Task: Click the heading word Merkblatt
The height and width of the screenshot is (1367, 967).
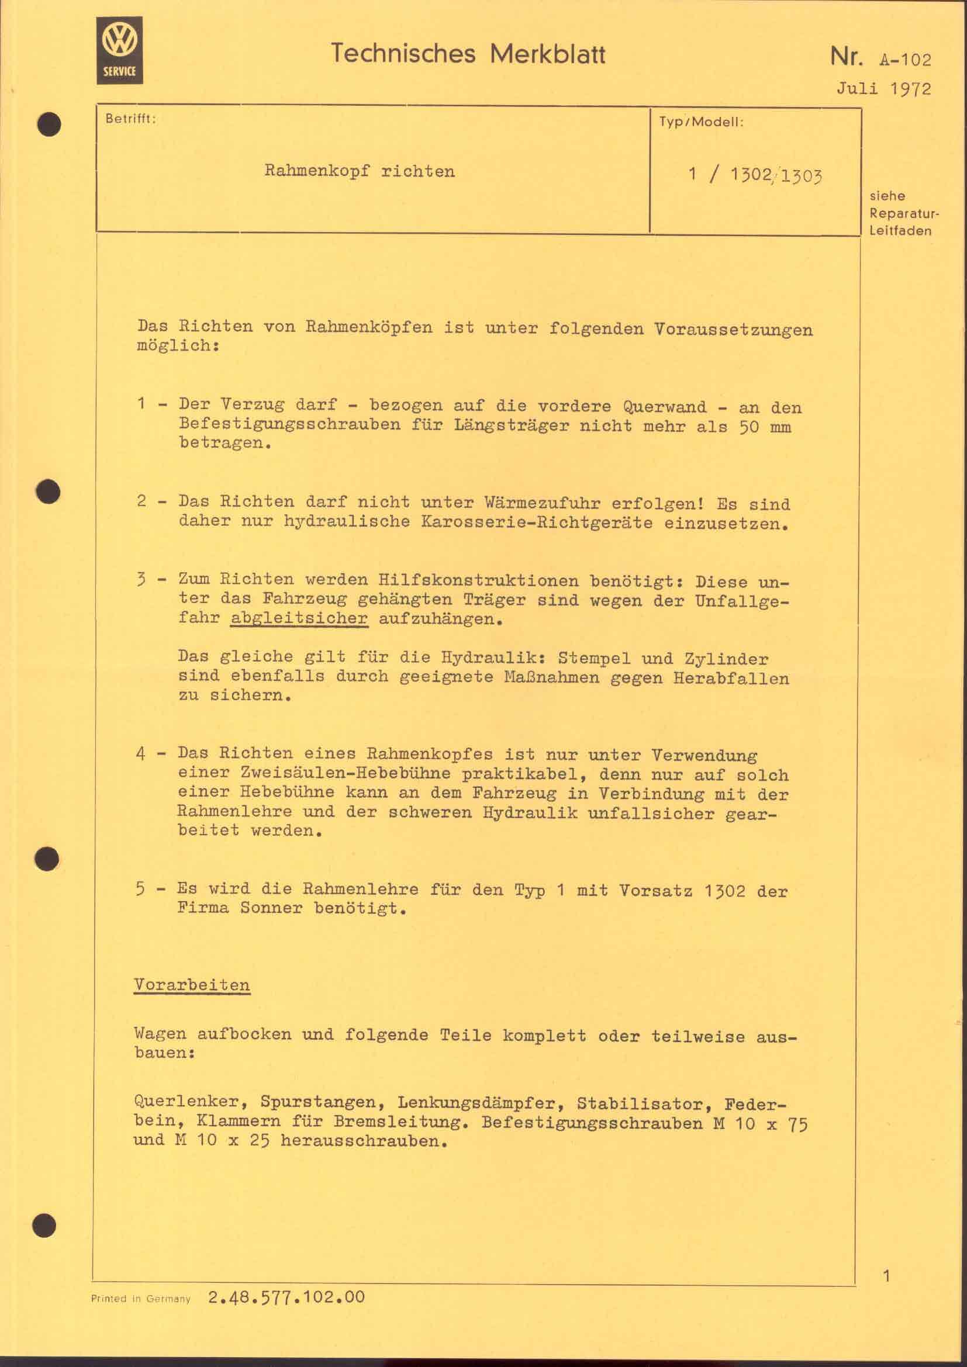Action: tap(547, 55)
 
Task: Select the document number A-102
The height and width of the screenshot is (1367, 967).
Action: tap(904, 60)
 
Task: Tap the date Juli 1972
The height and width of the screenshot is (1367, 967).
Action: tap(883, 89)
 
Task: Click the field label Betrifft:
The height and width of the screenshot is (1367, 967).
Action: tap(130, 119)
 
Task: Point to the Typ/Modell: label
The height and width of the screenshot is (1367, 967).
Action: tap(701, 123)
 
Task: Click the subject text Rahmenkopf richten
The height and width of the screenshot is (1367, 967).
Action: tap(360, 171)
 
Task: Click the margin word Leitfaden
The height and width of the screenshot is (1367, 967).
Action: tap(900, 231)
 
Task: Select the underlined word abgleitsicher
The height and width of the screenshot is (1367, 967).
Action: tap(299, 618)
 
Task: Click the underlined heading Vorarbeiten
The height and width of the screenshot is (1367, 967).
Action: tap(192, 985)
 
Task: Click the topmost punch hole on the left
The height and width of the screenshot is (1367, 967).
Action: tap(50, 124)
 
